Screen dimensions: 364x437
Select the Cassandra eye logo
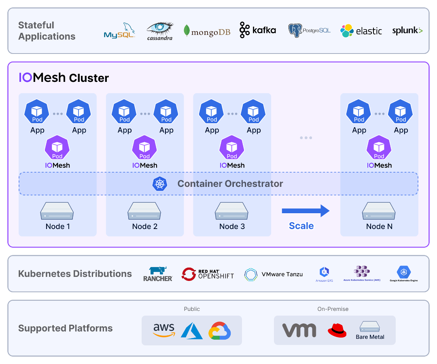[x=160, y=31]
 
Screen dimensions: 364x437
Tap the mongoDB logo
[x=207, y=31]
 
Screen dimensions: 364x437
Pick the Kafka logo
[x=258, y=30]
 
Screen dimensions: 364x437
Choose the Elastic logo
[x=361, y=31]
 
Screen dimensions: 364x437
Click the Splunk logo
[x=407, y=30]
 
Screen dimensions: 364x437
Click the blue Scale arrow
[x=305, y=211]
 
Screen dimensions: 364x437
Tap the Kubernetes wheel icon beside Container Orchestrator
[x=160, y=184]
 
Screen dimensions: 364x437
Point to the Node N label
[x=379, y=226]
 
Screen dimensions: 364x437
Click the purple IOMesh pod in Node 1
[x=57, y=148]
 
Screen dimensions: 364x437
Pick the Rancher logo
[x=158, y=274]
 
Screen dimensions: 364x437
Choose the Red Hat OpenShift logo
[x=208, y=274]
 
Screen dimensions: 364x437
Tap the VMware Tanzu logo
[x=274, y=274]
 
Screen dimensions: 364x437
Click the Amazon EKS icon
[x=324, y=272]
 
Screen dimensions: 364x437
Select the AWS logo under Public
[x=164, y=330]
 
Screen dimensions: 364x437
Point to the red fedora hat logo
[x=337, y=330]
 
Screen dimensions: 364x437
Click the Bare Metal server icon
[x=370, y=326]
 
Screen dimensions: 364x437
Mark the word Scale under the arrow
[x=301, y=226]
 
